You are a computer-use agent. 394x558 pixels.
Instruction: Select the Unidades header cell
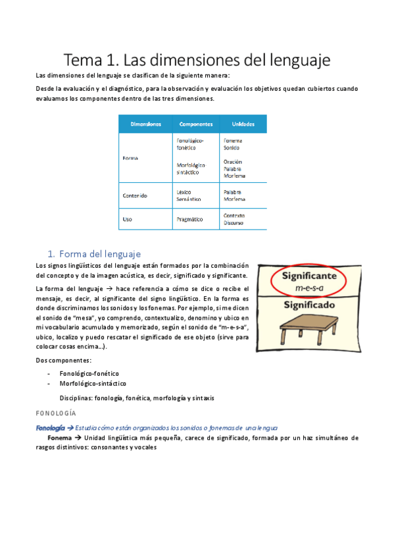243,124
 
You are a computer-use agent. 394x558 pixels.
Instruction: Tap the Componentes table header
195,124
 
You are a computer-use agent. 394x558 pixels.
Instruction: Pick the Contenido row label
135,195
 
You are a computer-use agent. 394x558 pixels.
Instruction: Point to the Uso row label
128,218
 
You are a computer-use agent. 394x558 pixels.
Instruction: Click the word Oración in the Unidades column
233,161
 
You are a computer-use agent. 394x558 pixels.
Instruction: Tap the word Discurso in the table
234,222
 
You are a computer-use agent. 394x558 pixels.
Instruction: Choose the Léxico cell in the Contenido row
185,191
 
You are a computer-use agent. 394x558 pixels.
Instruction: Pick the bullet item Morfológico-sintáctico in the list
93,384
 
